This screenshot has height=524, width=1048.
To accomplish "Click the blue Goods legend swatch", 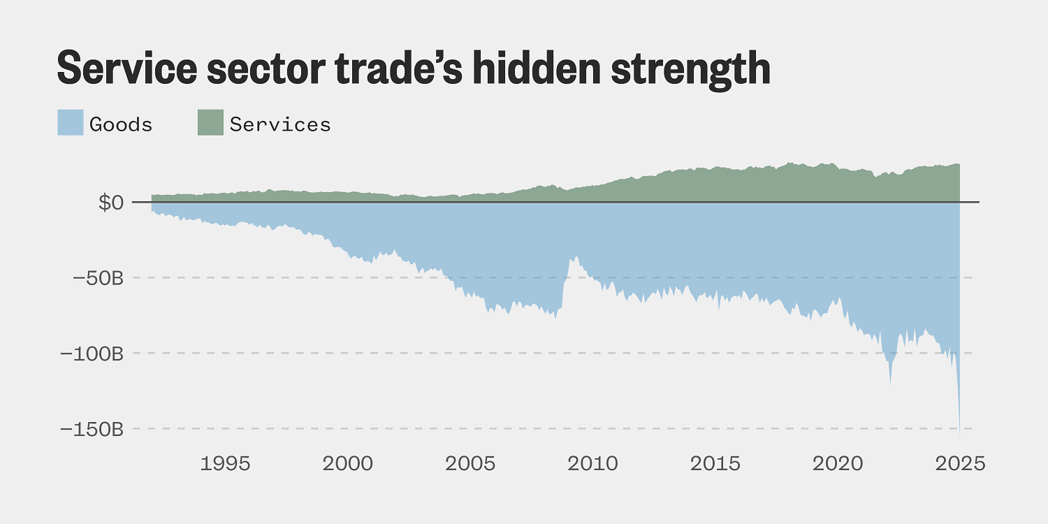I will (70, 123).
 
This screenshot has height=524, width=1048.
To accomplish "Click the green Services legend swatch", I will (210, 123).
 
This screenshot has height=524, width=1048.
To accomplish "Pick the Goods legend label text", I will (121, 124).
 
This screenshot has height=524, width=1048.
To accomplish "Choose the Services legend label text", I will (280, 124).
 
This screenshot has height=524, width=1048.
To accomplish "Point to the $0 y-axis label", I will (110, 203).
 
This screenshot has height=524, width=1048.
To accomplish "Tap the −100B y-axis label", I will (92, 354).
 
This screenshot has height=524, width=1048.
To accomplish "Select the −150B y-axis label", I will (92, 429).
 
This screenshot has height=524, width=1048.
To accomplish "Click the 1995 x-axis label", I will (225, 463).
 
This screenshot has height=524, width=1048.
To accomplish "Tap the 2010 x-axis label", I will (593, 463).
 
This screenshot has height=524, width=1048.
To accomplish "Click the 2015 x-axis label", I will (715, 463).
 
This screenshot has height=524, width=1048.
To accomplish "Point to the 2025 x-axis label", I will (960, 463).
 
